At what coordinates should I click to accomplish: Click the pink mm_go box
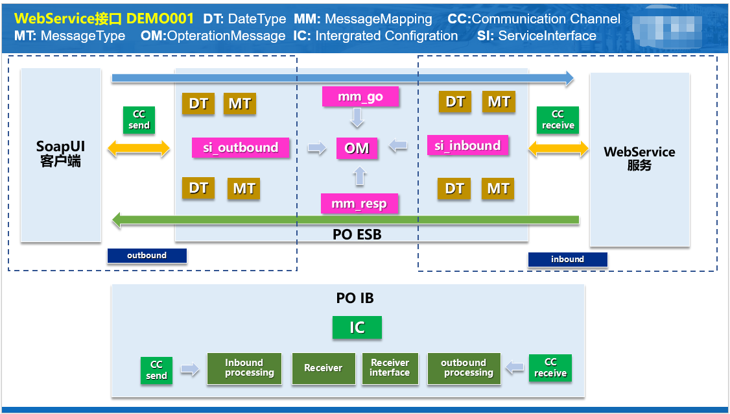click(x=360, y=97)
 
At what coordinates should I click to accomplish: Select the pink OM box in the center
click(x=357, y=148)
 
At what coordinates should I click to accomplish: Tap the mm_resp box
click(x=359, y=204)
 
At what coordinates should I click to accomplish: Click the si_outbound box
click(x=241, y=147)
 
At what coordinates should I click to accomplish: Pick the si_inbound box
click(x=467, y=145)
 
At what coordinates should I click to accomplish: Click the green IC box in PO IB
click(x=357, y=328)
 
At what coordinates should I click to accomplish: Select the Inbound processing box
click(x=244, y=368)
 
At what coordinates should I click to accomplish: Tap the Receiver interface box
click(x=390, y=368)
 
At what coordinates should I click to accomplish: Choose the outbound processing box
click(x=464, y=368)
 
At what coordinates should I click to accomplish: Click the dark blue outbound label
click(x=147, y=256)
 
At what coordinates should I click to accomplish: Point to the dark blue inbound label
click(x=567, y=260)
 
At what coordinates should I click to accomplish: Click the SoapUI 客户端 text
click(x=60, y=154)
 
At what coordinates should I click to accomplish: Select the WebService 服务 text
click(x=639, y=158)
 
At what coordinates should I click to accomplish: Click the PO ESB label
click(x=357, y=235)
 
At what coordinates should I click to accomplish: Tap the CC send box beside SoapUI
click(x=139, y=120)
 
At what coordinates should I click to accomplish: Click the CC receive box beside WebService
click(x=558, y=120)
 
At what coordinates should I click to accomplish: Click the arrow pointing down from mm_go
click(x=357, y=118)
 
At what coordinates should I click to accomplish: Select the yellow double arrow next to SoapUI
click(x=138, y=150)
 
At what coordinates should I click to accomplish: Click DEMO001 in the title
click(x=159, y=19)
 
